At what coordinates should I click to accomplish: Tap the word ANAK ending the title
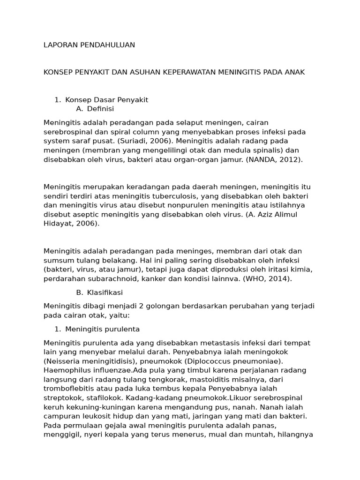(294, 72)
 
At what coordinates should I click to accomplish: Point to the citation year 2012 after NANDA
(290, 159)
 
